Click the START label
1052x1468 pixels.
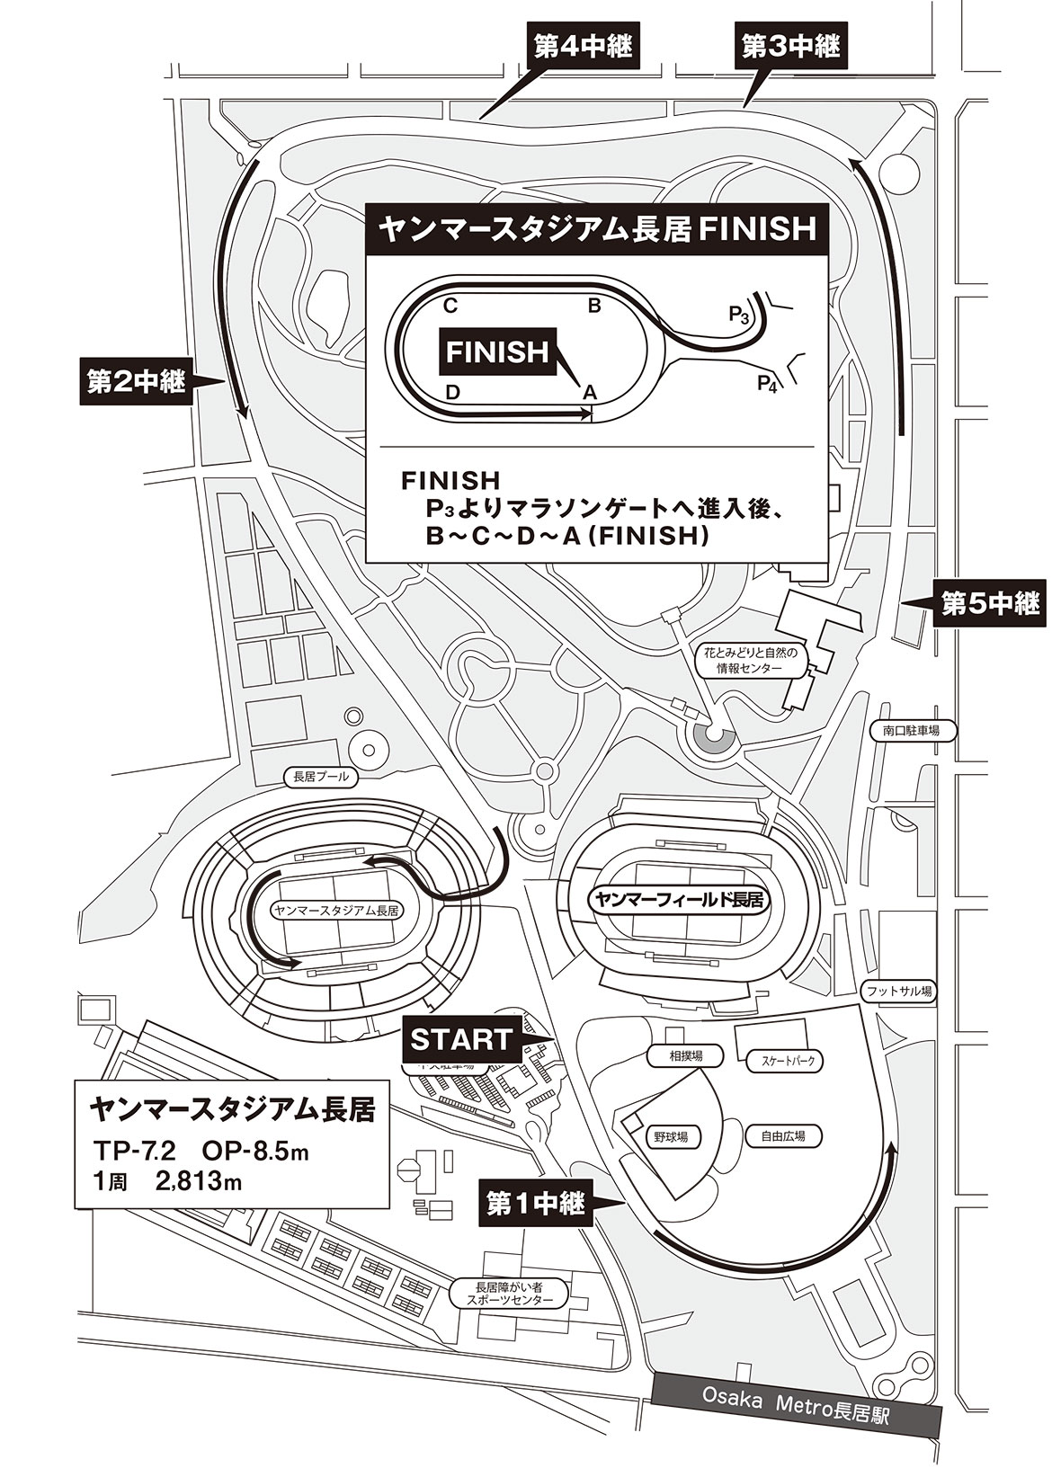tap(461, 1039)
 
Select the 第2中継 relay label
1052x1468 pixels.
tap(135, 381)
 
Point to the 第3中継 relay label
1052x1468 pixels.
tap(791, 46)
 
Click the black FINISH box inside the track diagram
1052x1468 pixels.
tap(497, 351)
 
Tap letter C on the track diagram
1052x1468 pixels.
tap(450, 306)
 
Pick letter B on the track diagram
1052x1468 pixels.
tap(593, 306)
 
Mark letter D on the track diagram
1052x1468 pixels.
tap(453, 392)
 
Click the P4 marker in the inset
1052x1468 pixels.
tap(766, 386)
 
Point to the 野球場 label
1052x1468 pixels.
tap(671, 1136)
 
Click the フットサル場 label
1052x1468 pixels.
tap(896, 991)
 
